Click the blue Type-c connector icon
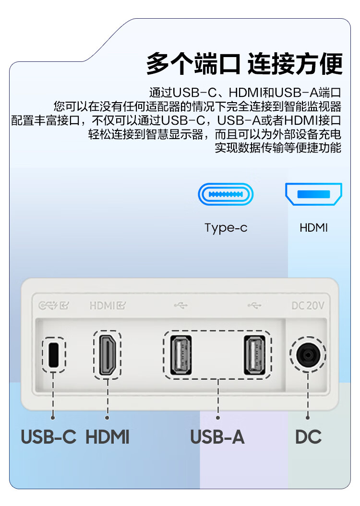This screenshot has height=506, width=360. click(x=226, y=195)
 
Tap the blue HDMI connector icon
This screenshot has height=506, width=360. click(x=313, y=194)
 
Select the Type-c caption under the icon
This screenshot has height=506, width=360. click(x=226, y=228)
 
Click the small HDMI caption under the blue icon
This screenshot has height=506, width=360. click(x=313, y=227)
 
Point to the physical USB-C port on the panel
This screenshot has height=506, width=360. click(x=54, y=354)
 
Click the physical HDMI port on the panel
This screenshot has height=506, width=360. click(x=107, y=354)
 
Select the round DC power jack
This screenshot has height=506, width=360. click(x=308, y=355)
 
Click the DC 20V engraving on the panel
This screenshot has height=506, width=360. click(x=308, y=305)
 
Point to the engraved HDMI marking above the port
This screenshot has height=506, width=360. click(x=108, y=305)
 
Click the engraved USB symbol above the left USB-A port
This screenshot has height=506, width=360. click(x=181, y=305)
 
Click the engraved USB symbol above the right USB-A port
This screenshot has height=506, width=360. click(x=255, y=305)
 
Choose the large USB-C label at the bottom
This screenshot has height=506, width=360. click(x=48, y=437)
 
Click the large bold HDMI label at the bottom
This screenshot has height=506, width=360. click(x=108, y=437)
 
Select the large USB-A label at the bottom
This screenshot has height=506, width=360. click(x=217, y=437)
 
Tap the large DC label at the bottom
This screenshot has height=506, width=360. click(x=308, y=437)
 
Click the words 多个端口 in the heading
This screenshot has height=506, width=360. click(x=193, y=64)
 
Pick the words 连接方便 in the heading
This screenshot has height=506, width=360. click(x=295, y=64)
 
